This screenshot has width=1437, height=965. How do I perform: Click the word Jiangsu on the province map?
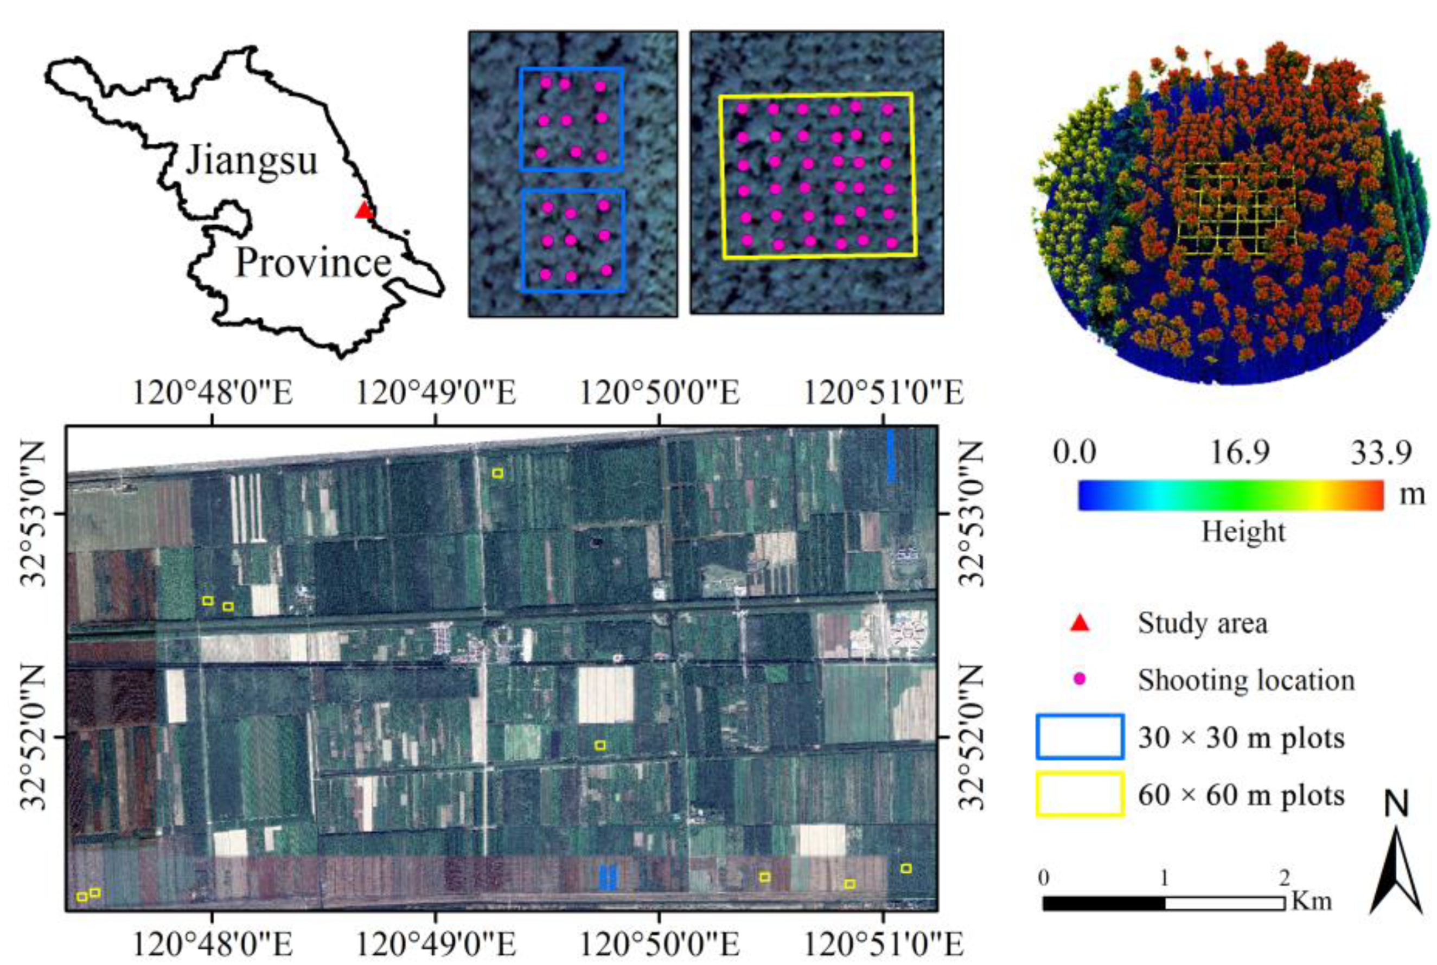(252, 160)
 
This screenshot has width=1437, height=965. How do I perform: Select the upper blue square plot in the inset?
(572, 119)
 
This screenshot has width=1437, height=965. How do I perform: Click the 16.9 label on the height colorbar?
(1240, 452)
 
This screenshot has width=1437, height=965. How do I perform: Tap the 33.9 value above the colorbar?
(1381, 452)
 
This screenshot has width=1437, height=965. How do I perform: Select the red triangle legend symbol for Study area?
(1080, 623)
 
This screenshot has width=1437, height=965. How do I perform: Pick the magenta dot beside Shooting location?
(1079, 680)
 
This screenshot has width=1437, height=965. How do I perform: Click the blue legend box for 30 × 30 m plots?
(1080, 736)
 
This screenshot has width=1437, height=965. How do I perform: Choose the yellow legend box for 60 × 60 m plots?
(1080, 794)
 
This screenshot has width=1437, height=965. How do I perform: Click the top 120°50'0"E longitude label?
(659, 393)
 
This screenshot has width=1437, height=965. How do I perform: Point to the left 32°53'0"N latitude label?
(34, 513)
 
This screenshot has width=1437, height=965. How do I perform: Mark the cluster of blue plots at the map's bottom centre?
(608, 877)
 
